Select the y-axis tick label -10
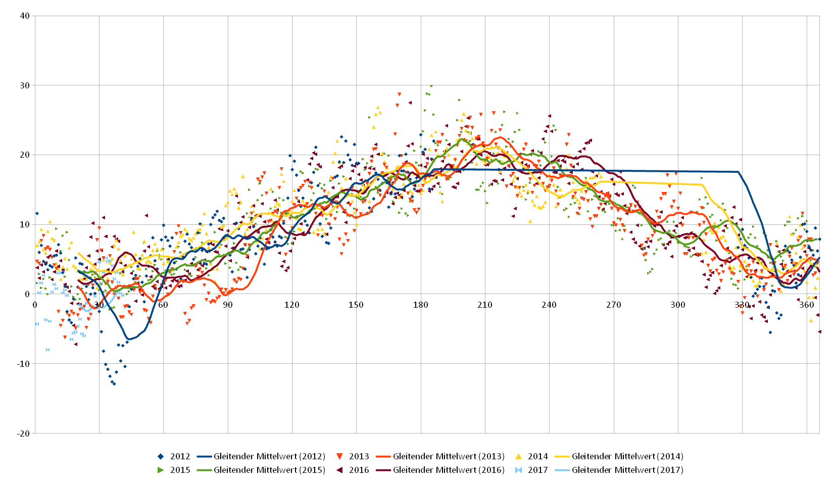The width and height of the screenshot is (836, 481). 23,364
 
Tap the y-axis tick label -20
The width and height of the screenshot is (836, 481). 23,434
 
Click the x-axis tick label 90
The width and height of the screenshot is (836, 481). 228,305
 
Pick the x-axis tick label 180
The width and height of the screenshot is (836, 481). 421,305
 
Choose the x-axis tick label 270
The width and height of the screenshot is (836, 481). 614,305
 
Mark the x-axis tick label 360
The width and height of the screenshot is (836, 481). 807,305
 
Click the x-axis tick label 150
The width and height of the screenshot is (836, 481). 356,305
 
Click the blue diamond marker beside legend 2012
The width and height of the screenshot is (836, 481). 161,456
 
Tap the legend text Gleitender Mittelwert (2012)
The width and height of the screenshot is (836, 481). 269,456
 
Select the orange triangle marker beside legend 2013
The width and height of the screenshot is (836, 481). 339,456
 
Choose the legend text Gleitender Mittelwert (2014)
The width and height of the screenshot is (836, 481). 627,456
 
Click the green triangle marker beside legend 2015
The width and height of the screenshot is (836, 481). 161,470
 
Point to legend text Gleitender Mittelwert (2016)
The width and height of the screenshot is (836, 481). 449,470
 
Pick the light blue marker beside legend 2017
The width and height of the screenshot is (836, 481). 518,470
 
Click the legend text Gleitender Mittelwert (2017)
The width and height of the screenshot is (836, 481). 627,470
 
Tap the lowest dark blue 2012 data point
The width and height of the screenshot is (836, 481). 114,384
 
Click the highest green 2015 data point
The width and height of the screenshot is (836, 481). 431,86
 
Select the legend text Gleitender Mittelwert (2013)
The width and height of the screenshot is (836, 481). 449,456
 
